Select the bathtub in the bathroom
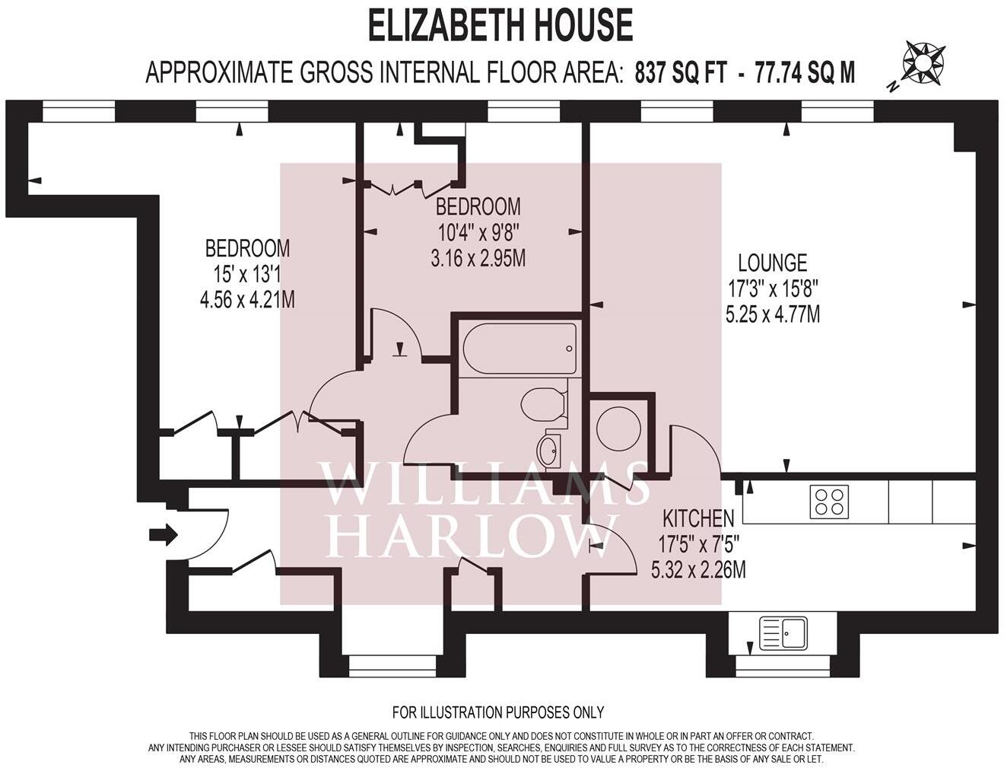(x=519, y=349)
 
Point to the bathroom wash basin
(x=549, y=447)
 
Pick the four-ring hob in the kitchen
(x=828, y=502)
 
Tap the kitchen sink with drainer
(x=783, y=633)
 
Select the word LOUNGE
(x=772, y=263)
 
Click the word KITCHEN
(x=697, y=519)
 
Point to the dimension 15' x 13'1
(x=247, y=274)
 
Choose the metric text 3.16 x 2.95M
(x=478, y=258)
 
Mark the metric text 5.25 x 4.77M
(x=772, y=314)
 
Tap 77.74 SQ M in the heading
(x=805, y=73)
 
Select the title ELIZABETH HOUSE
(x=500, y=25)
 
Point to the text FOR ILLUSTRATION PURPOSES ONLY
(x=498, y=712)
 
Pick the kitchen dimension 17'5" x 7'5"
(x=697, y=544)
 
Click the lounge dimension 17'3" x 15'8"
(x=772, y=288)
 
